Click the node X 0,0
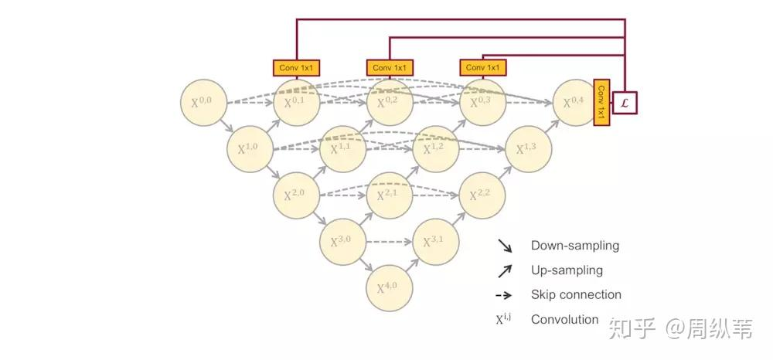[x=203, y=102]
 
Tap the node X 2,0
[x=296, y=195]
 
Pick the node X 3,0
[x=342, y=243]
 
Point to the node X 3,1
[x=436, y=243]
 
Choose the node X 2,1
[x=389, y=195]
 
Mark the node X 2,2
[x=482, y=195]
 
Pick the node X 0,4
[x=576, y=102]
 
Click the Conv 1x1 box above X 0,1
[x=296, y=68]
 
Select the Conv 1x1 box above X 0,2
[x=389, y=68]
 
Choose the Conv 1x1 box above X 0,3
[x=482, y=68]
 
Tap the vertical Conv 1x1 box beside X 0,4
[x=601, y=102]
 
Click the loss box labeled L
[x=625, y=102]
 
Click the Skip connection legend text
[x=575, y=294]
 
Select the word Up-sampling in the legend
[x=567, y=270]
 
